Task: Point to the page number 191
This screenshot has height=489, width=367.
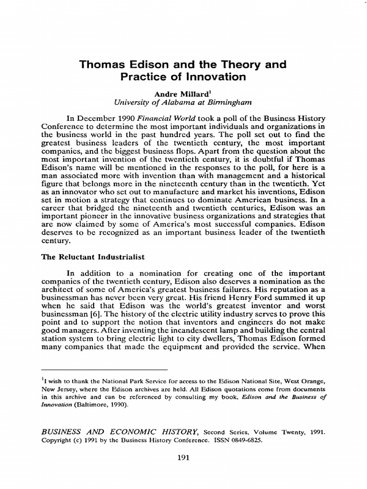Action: click(183, 458)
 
